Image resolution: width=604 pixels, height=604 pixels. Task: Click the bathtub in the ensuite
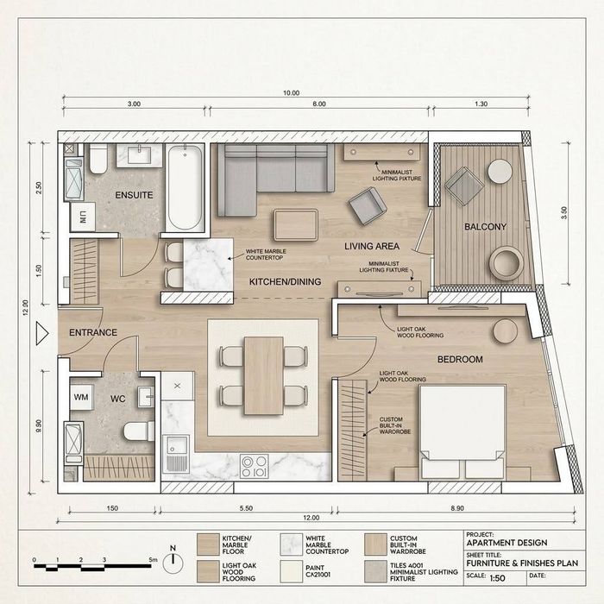pos(185,188)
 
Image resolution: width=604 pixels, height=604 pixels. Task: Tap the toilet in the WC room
pos(139,431)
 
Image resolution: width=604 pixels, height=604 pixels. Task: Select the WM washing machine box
pos(81,397)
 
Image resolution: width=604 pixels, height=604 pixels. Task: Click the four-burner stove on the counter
pos(255,467)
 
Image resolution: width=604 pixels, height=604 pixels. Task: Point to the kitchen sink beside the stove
pos(176,454)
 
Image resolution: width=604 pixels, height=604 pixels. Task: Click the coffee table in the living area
pos(296,225)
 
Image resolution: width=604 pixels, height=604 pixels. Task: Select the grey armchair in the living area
pos(368,206)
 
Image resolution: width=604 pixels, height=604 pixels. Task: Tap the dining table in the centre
pos(264,376)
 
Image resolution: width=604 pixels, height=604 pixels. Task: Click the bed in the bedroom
pos(462,431)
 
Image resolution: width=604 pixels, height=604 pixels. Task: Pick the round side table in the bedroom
pos(506,330)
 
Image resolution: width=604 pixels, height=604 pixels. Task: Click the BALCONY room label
pos(485,226)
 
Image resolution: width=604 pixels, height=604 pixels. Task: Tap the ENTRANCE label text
pos(93,332)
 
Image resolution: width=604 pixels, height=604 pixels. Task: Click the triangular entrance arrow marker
pos(41,334)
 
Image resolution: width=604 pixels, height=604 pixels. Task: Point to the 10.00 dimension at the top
pos(292,93)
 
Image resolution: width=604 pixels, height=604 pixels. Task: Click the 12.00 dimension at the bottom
pos(311,518)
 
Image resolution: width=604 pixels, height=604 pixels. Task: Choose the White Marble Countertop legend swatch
pos(292,544)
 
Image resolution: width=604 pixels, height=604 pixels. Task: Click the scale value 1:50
pos(497,578)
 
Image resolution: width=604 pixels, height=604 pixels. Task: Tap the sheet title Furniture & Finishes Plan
pos(522,563)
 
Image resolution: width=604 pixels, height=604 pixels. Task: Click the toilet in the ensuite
pos(98,159)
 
